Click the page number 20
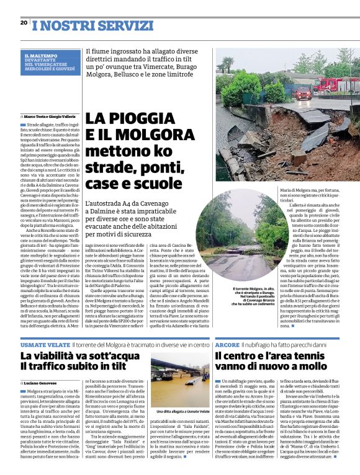click(x=24, y=22)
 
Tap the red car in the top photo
click(x=303, y=93)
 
